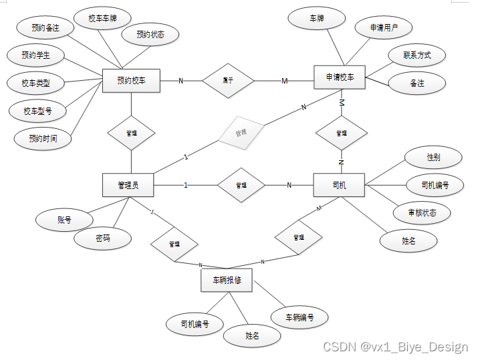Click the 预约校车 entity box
(x=131, y=81)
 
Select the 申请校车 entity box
(x=340, y=77)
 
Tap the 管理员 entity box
(x=128, y=185)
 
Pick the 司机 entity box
(x=339, y=185)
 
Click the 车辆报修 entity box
(x=227, y=280)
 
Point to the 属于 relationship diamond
(x=229, y=81)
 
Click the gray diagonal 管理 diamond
(x=241, y=134)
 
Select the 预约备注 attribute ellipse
(x=45, y=28)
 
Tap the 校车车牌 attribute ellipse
(x=102, y=19)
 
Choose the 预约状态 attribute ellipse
(x=150, y=34)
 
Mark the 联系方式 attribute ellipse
(x=417, y=55)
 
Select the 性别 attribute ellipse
(x=434, y=157)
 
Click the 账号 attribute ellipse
(x=65, y=219)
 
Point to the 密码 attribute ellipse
(x=102, y=238)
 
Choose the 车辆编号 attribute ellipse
(x=300, y=317)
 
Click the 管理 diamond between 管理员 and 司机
(x=241, y=185)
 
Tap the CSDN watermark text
(x=395, y=347)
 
